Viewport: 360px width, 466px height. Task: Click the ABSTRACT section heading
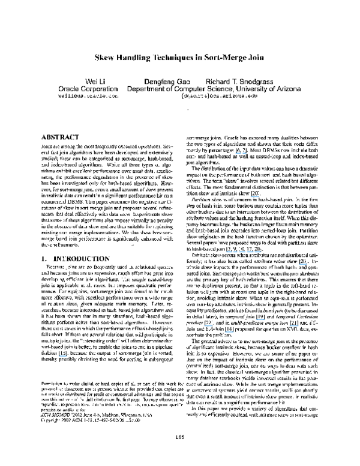[x=58, y=138]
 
